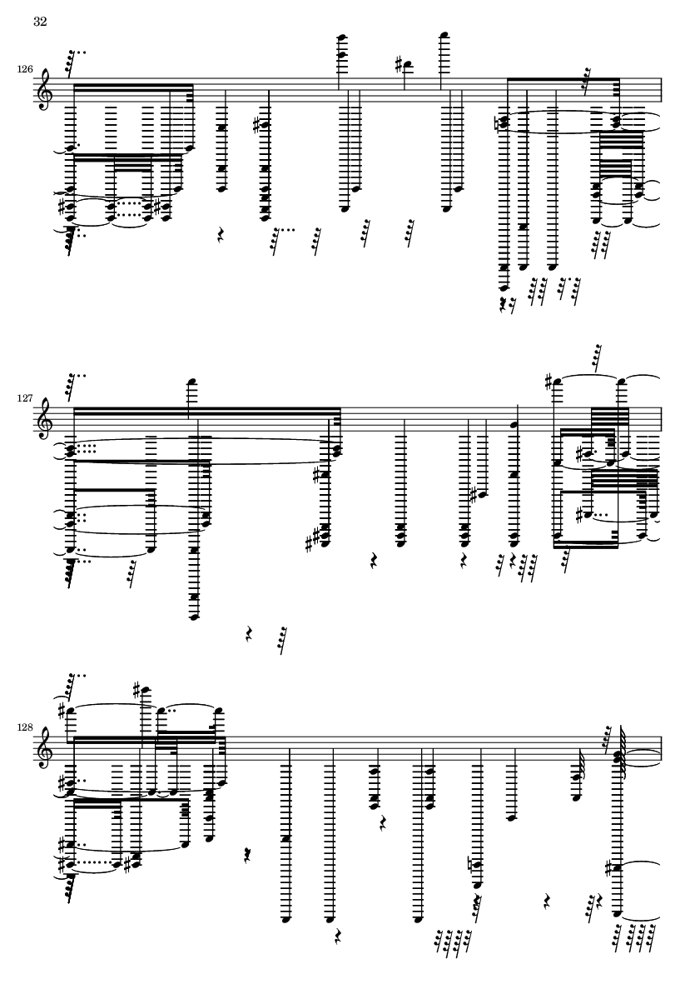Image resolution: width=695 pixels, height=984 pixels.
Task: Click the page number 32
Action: click(40, 22)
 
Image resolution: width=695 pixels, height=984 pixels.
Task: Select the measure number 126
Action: click(25, 70)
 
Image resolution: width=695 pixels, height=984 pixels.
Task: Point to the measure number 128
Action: click(25, 727)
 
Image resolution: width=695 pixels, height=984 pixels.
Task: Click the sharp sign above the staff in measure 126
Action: click(399, 62)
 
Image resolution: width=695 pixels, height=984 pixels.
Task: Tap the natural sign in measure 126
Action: click(499, 123)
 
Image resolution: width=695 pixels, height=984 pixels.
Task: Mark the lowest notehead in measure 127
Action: click(193, 617)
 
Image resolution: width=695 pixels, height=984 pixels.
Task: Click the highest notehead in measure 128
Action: click(146, 691)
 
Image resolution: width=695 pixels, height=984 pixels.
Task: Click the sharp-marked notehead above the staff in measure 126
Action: click(408, 63)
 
